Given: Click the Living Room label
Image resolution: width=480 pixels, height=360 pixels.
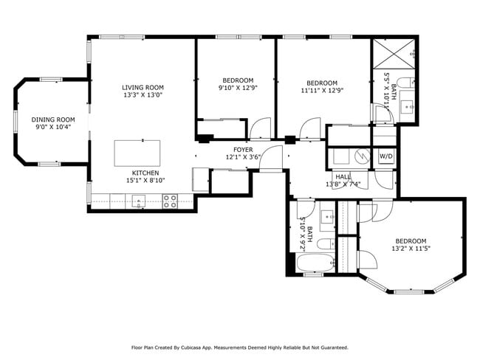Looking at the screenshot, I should [143, 87].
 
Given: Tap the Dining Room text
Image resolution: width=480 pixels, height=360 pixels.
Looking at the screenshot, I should [53, 120].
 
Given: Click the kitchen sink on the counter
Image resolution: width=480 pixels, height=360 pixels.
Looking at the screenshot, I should [138, 200].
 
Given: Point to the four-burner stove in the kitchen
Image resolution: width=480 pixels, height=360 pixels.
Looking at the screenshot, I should [170, 201].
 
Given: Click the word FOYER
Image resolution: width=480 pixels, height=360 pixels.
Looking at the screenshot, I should [244, 150].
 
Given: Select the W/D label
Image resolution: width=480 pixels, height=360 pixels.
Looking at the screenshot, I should [385, 156].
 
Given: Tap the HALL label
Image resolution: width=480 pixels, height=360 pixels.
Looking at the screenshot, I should [343, 176].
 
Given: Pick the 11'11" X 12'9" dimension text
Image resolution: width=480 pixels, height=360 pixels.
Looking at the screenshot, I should [322, 91].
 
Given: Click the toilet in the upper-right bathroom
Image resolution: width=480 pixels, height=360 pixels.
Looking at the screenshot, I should [405, 82].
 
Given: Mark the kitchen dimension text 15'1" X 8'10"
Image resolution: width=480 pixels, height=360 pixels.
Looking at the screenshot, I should [143, 179].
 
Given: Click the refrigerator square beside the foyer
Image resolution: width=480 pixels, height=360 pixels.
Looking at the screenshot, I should [200, 180].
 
